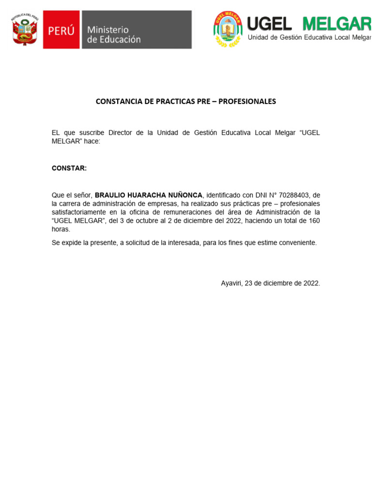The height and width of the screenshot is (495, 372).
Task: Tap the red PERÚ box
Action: click(61, 30)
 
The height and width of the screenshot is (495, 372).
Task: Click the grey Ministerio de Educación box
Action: click(136, 30)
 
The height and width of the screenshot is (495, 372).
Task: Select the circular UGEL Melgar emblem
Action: click(228, 29)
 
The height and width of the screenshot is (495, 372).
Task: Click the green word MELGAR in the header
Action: click(336, 23)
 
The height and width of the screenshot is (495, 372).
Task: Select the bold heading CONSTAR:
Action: click(69, 168)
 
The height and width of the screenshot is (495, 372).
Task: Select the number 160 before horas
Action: click(314, 221)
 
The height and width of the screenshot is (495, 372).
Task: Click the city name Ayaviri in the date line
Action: click(232, 283)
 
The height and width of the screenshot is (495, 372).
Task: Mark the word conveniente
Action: click(296, 243)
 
